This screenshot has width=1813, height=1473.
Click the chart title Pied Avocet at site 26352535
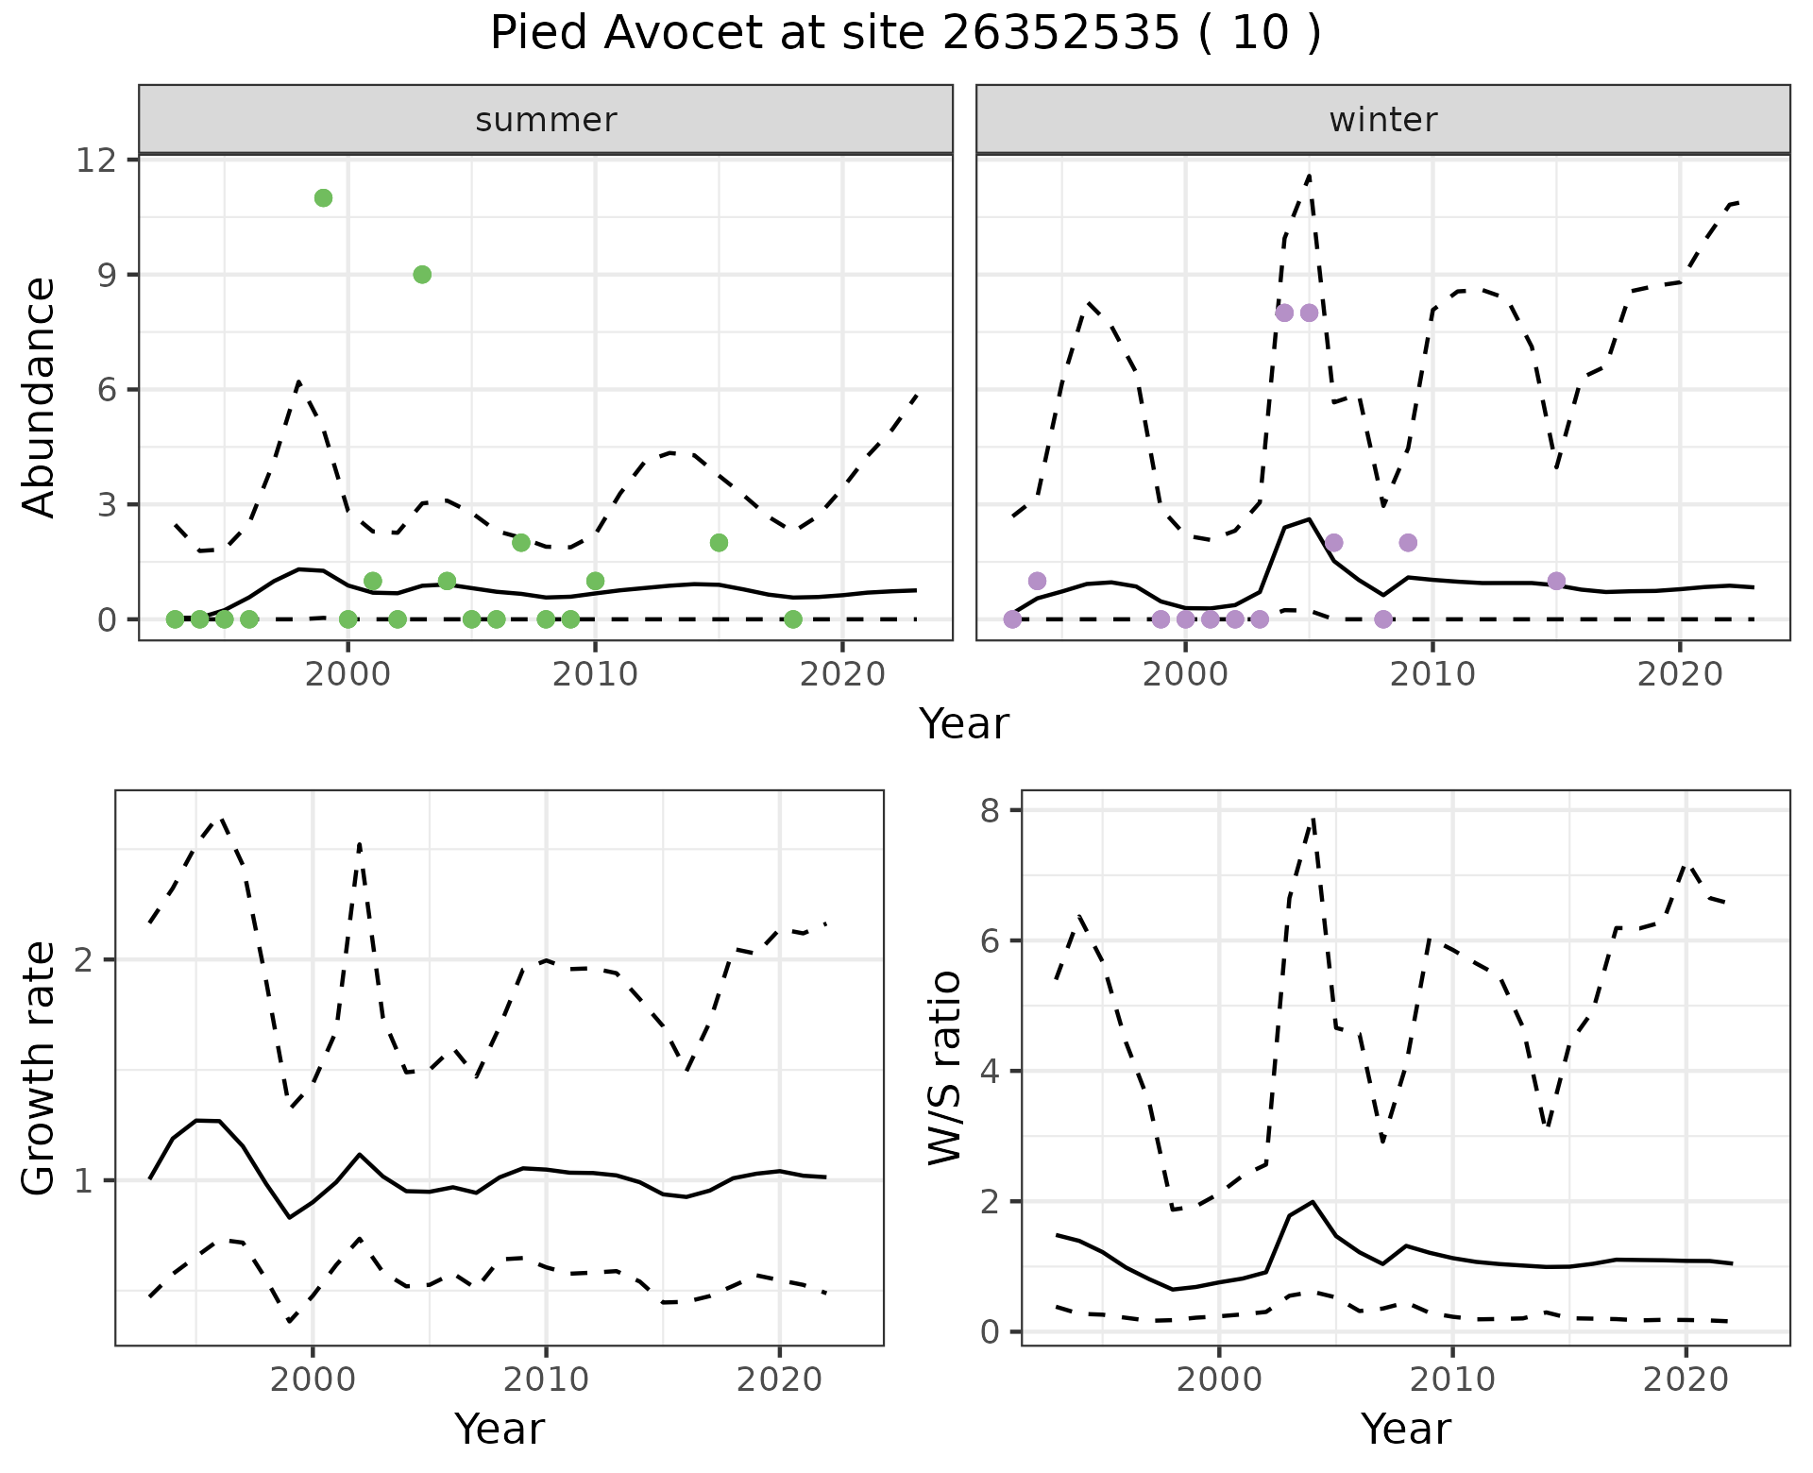click(x=905, y=34)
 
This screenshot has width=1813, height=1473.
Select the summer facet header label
click(x=546, y=120)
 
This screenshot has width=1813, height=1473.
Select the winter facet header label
click(x=1382, y=120)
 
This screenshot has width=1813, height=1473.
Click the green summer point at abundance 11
click(x=323, y=197)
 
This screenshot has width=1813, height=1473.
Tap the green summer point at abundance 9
click(x=422, y=274)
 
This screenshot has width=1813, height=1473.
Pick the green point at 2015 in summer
click(x=719, y=542)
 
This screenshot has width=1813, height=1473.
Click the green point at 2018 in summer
click(x=793, y=619)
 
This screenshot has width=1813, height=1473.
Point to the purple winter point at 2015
click(x=1556, y=581)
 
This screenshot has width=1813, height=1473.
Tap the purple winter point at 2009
click(x=1408, y=542)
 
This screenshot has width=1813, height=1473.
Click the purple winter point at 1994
click(x=1037, y=581)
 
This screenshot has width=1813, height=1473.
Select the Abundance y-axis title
click(x=40, y=397)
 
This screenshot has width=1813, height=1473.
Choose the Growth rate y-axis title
click(x=40, y=1067)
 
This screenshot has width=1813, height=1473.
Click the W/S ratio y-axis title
click(x=944, y=1067)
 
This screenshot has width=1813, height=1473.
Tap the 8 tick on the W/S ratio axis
click(x=991, y=810)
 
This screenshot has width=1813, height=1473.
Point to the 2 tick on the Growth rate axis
click(x=85, y=960)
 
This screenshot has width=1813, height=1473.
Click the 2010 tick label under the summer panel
click(x=595, y=674)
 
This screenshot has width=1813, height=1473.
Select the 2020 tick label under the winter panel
click(x=1680, y=674)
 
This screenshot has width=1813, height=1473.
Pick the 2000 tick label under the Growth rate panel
click(x=313, y=1380)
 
